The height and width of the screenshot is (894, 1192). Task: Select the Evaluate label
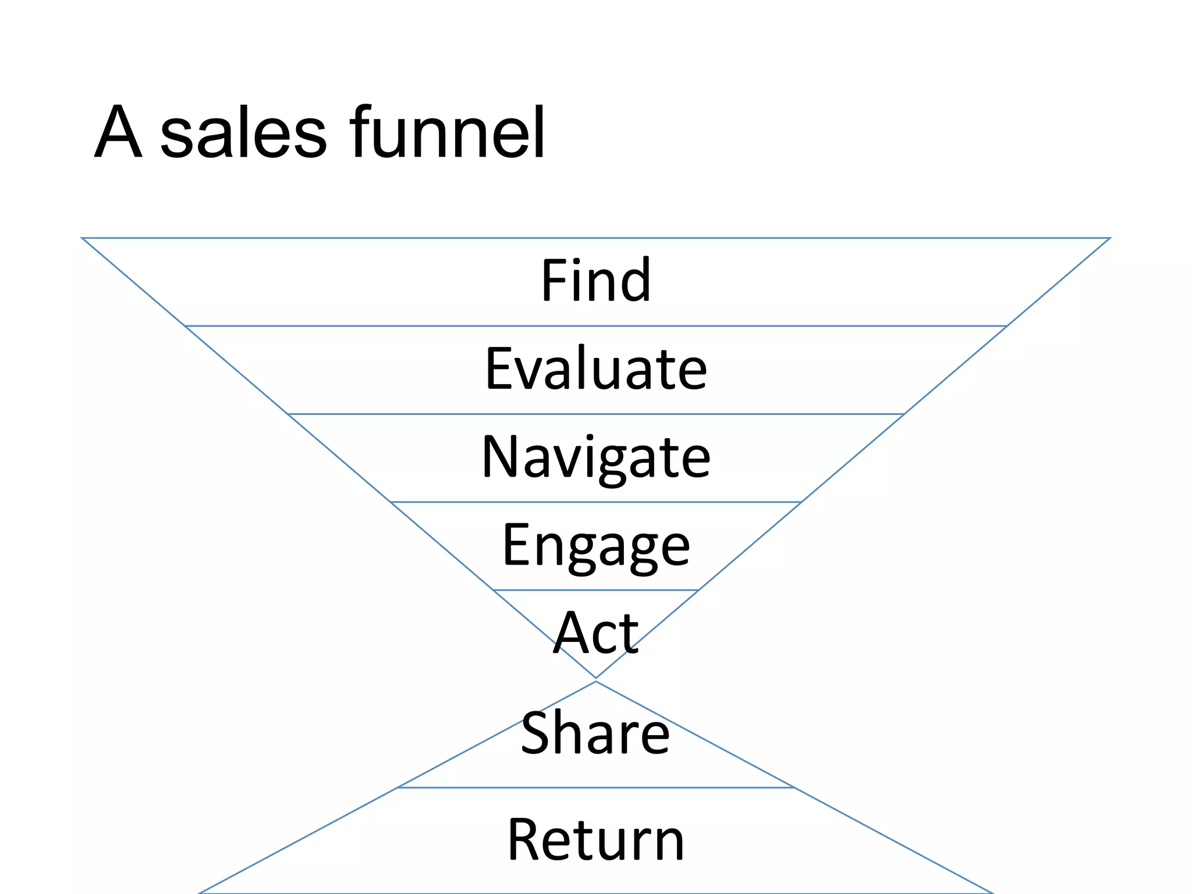596,368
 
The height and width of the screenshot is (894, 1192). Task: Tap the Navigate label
596,457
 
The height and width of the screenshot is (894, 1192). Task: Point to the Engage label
596,546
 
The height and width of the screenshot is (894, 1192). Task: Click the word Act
596,633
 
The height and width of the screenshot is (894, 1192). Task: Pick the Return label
596,840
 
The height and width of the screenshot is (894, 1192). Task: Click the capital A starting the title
118,132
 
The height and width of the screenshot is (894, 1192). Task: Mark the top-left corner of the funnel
83,238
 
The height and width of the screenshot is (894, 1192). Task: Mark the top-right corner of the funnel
1109,238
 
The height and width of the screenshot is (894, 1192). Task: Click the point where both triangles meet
596,679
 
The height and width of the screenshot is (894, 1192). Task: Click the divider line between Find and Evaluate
596,326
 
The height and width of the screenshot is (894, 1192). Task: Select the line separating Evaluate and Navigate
596,414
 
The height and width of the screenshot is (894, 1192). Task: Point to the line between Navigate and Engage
596,502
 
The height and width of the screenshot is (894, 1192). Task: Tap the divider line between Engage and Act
596,590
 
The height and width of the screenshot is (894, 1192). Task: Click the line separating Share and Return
596,788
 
